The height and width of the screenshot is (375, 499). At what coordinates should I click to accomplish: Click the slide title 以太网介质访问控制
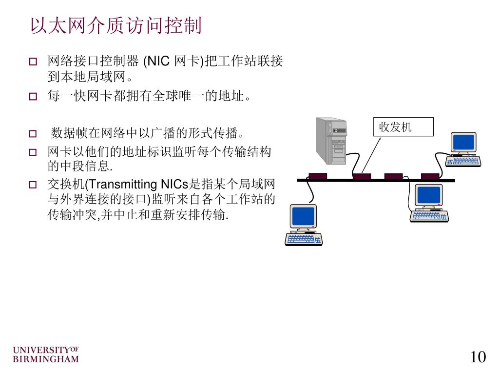[x=115, y=26]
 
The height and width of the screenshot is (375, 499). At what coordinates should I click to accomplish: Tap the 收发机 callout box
[x=403, y=127]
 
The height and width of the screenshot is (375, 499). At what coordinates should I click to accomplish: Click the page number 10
[x=478, y=357]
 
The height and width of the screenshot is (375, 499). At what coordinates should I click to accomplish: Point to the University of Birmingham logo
[x=45, y=355]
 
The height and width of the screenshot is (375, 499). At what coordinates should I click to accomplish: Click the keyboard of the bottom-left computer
[x=304, y=239]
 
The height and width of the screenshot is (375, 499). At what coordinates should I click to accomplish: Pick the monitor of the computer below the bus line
[x=428, y=195]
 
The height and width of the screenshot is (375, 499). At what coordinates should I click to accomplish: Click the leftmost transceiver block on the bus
[x=318, y=176]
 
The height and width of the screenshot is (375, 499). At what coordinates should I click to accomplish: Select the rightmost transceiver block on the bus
[x=430, y=176]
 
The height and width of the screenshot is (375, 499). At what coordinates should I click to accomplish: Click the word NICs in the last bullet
[x=174, y=185]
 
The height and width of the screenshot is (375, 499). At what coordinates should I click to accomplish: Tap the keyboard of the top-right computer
[x=463, y=161]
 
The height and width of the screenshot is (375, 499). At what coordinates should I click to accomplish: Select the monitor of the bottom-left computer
[x=303, y=216]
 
